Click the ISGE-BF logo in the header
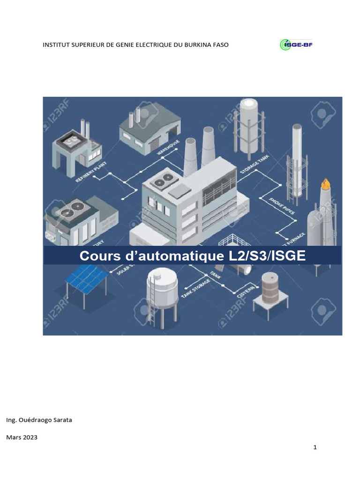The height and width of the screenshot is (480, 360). pyautogui.click(x=296, y=45)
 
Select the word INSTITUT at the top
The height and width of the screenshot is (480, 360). pyautogui.click(x=56, y=45)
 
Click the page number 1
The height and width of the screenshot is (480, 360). pyautogui.click(x=315, y=447)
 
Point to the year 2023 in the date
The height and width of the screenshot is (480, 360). pyautogui.click(x=29, y=437)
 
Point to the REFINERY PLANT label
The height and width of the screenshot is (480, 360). pyautogui.click(x=91, y=172)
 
